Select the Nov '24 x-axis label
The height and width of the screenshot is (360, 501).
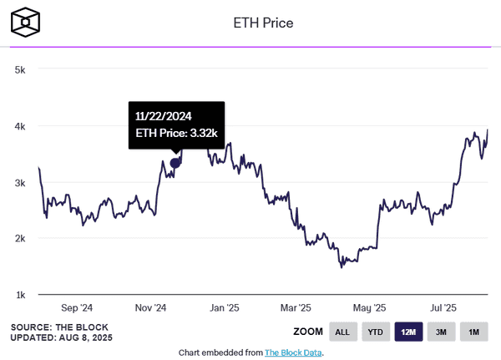click(152, 307)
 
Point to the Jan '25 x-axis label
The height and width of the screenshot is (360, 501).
click(225, 307)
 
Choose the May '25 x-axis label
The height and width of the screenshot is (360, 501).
click(368, 307)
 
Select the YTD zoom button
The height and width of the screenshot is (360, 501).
click(375, 332)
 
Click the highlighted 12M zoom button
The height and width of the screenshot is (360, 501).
click(408, 332)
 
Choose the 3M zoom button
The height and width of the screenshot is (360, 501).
click(441, 332)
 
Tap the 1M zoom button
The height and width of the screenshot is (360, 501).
click(473, 332)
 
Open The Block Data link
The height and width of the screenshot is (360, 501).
click(293, 352)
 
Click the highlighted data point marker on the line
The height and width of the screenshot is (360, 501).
click(175, 164)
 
